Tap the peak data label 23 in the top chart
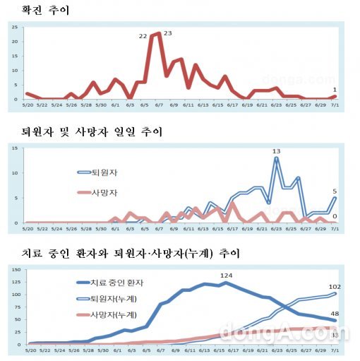168,33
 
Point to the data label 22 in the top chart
143,35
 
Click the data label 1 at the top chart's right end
334,89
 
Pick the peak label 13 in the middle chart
277,150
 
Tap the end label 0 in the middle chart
334,215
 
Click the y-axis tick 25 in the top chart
16,27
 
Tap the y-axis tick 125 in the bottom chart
13,271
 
